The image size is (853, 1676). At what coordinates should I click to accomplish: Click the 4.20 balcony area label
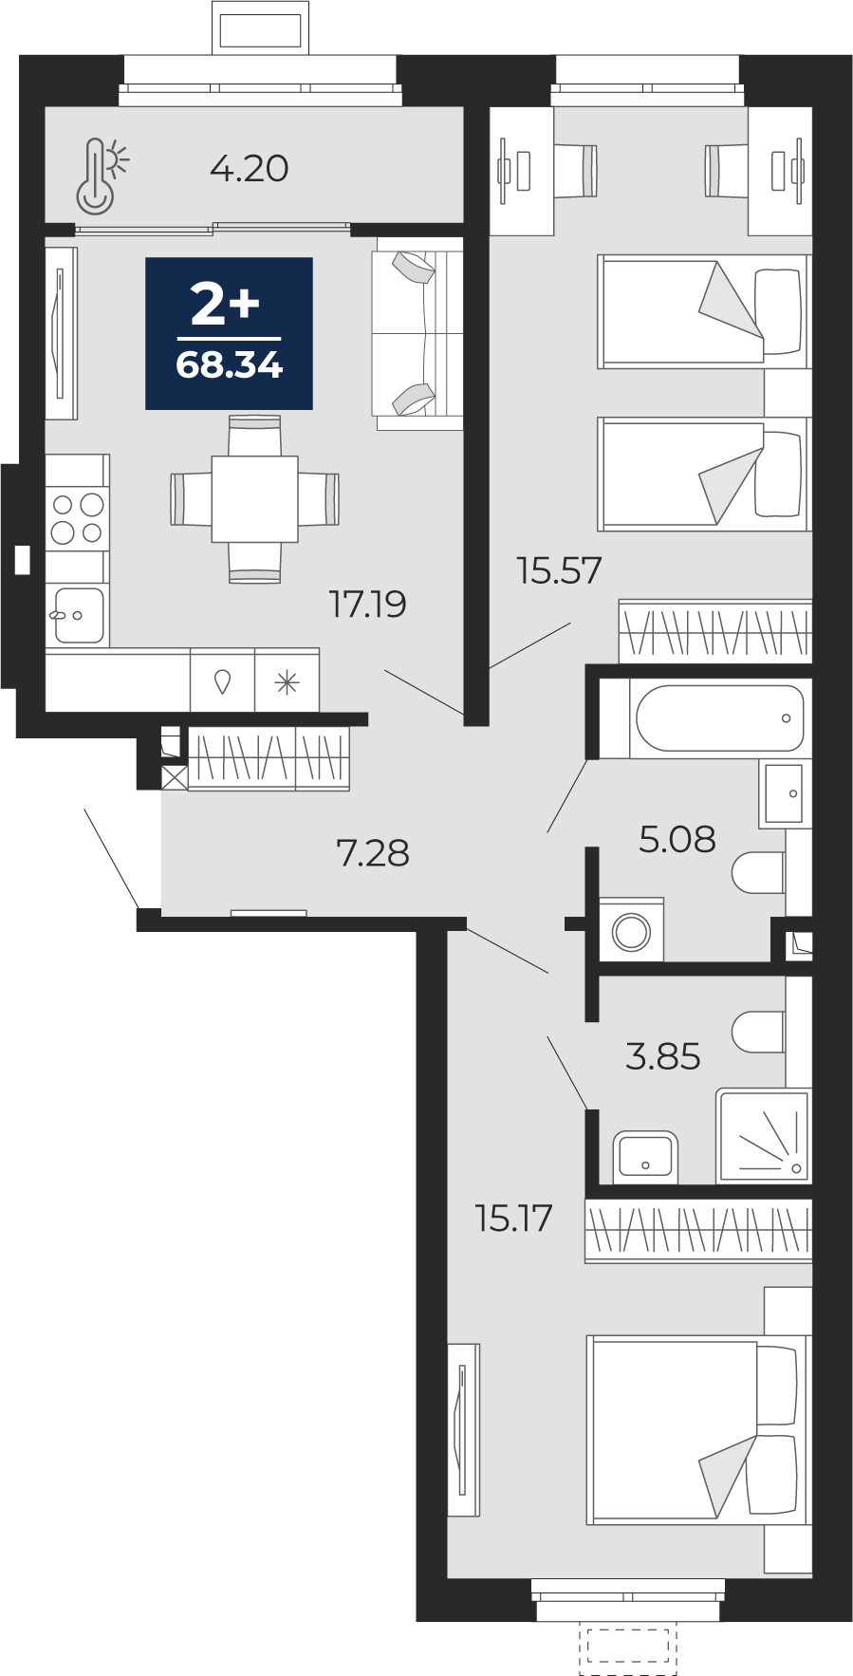tap(249, 169)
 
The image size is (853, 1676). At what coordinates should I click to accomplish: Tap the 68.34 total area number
tap(230, 364)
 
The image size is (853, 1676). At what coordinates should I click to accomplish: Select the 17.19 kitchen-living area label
tap(367, 604)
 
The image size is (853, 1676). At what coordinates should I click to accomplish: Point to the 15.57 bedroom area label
tap(559, 570)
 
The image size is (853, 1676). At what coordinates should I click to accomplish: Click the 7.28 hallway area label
tap(373, 853)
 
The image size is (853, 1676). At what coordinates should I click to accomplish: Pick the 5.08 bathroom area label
tap(677, 839)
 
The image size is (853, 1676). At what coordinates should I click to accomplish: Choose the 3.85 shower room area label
tap(663, 1055)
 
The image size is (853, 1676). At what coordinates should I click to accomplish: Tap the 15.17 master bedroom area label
tap(513, 1218)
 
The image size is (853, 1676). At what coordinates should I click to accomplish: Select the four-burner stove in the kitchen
tap(77, 518)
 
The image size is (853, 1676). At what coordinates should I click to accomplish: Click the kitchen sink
tap(76, 615)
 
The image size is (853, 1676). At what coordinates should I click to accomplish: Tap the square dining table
tap(254, 499)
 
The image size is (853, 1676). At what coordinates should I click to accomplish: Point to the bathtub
tap(719, 718)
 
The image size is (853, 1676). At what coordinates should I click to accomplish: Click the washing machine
tap(631, 930)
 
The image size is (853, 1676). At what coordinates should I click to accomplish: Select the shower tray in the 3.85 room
tap(763, 1135)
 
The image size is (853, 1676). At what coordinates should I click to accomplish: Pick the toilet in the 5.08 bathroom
tap(759, 872)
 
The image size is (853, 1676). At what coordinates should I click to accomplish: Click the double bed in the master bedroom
tap(697, 1429)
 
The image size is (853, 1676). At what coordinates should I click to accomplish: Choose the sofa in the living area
tap(418, 333)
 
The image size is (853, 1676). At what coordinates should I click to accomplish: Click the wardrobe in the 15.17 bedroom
tap(698, 1231)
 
